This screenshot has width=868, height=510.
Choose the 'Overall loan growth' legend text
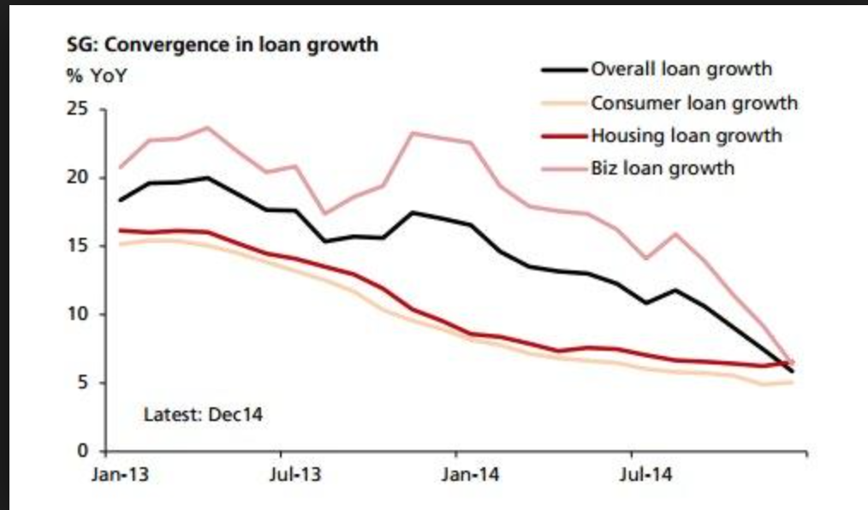point(681,69)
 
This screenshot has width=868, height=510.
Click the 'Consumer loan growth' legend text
point(693,103)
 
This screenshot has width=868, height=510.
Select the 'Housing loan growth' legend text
point(686,135)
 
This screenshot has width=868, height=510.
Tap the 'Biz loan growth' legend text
point(662,167)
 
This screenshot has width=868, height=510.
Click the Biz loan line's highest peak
point(207,127)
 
